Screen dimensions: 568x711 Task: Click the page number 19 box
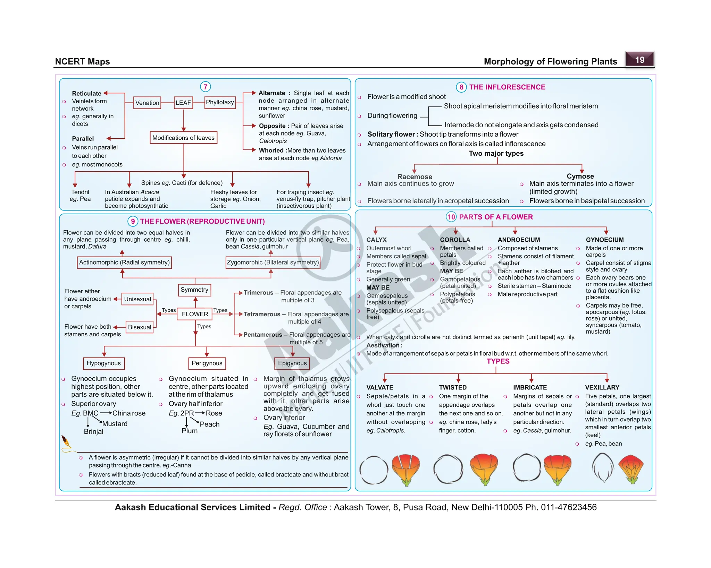[639, 60]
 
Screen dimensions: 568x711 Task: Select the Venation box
[147, 103]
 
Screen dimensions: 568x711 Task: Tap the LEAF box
[183, 103]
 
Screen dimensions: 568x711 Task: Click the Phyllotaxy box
[220, 102]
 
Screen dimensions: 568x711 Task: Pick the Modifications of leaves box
[183, 138]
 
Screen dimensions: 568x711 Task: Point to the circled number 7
[205, 87]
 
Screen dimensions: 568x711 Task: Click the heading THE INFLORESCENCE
[507, 87]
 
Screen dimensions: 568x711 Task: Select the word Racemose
[415, 177]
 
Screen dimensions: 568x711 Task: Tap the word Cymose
[580, 176]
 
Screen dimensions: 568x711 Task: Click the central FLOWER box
[195, 314]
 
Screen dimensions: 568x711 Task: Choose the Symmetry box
[194, 290]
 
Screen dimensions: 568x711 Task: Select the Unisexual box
[137, 299]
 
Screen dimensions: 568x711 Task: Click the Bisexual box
[140, 327]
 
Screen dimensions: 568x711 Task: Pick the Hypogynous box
[103, 363]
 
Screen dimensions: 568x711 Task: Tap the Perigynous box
[207, 363]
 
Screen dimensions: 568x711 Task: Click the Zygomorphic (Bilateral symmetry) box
[273, 263]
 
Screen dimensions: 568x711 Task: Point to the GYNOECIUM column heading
[604, 240]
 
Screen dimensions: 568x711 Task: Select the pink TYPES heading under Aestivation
[498, 361]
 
